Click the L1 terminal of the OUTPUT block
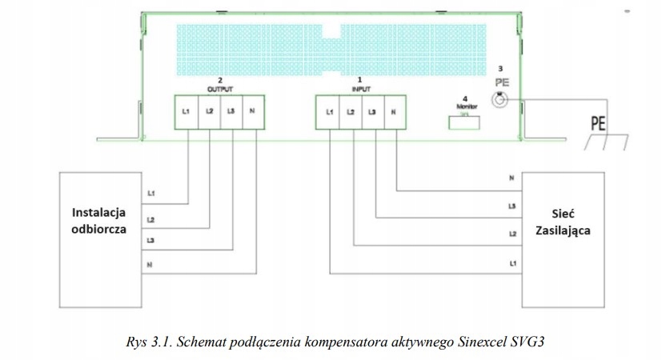(x=186, y=111)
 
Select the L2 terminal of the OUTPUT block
(x=208, y=111)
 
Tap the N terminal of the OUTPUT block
(x=253, y=111)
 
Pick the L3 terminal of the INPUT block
(x=372, y=112)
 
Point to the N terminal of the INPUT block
(x=394, y=112)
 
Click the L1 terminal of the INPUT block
(x=329, y=112)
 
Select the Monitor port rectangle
(x=461, y=120)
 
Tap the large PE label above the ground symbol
(x=597, y=123)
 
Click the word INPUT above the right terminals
(x=361, y=89)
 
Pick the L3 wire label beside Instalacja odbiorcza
(x=151, y=240)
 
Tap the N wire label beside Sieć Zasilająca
(x=512, y=179)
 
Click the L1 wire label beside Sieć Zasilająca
(x=512, y=262)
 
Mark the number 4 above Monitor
(x=463, y=98)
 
